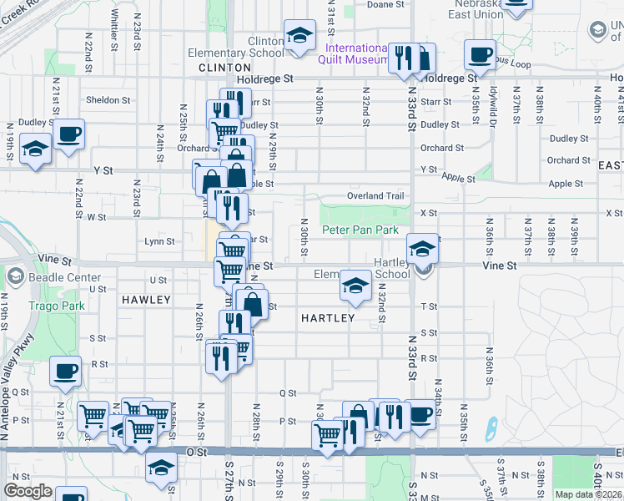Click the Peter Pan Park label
(x=360, y=230)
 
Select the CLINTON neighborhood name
(x=224, y=67)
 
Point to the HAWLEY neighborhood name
(x=145, y=299)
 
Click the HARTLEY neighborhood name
(x=328, y=318)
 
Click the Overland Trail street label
(x=375, y=196)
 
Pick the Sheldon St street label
(x=108, y=100)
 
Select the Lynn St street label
(x=159, y=241)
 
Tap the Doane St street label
(x=385, y=4)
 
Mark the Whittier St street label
(x=113, y=23)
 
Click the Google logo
(x=28, y=491)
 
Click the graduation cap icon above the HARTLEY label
(x=355, y=286)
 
